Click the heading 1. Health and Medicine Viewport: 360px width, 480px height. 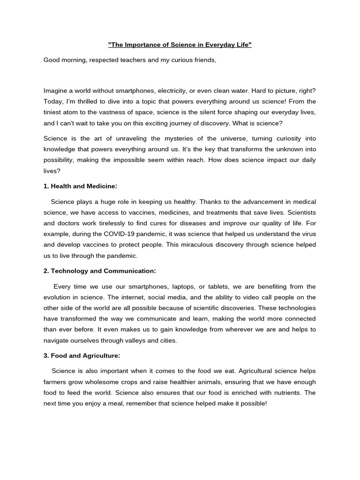pyautogui.click(x=80, y=186)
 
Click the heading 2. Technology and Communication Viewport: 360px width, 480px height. pyautogui.click(x=99, y=271)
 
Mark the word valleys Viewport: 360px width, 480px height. pyautogui.click(x=135, y=340)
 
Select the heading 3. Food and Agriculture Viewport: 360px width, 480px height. pyautogui.click(x=82, y=356)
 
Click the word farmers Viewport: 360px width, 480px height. pyautogui.click(x=56, y=382)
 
